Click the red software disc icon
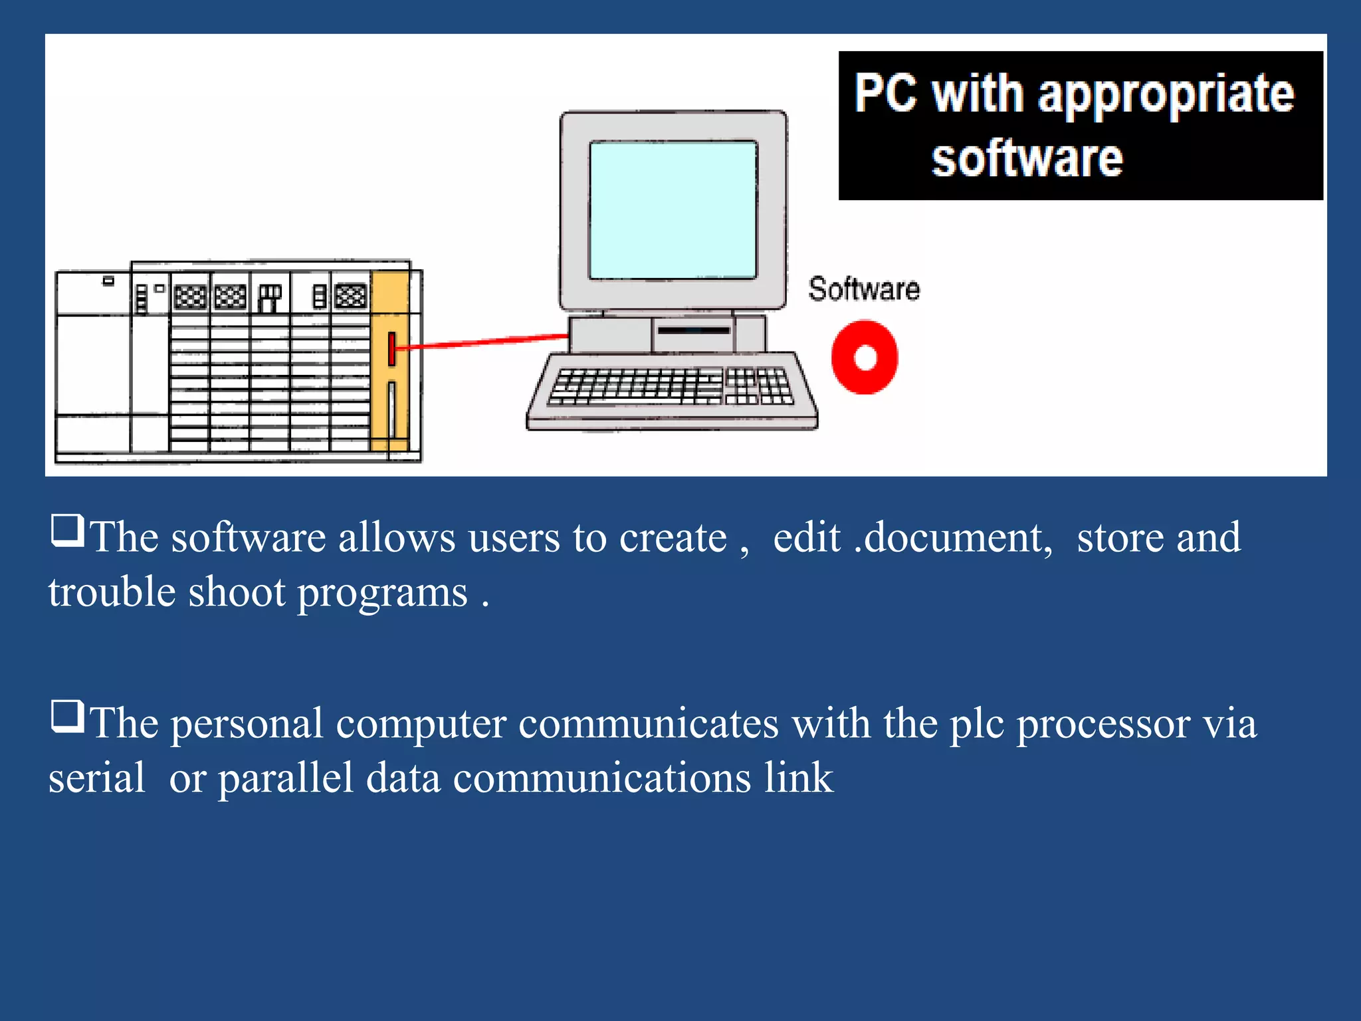pos(865,357)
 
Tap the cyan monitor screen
pos(673,210)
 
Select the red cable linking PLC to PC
pos(482,342)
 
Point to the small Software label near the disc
pos(864,289)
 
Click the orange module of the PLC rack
pos(390,359)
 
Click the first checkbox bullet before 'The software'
pos(67,530)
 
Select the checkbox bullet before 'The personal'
pos(67,716)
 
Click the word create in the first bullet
pos(673,537)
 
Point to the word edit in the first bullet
pos(807,537)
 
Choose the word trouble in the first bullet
pos(112,592)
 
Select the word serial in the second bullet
pos(96,778)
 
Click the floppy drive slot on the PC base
pos(693,330)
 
